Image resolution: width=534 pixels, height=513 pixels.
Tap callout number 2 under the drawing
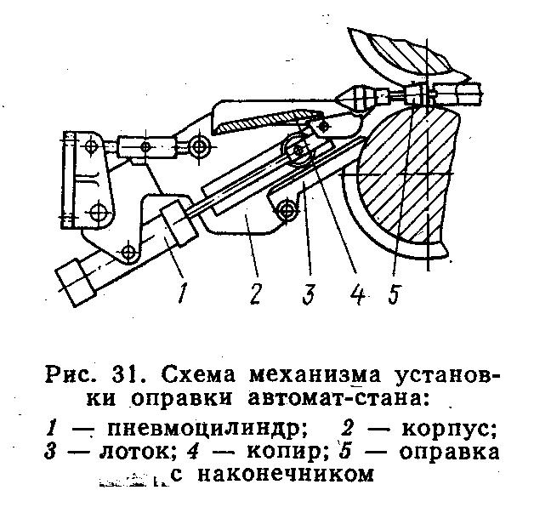click(255, 292)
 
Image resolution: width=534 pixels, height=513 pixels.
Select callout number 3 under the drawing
click(309, 292)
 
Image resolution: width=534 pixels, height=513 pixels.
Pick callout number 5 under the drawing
click(394, 292)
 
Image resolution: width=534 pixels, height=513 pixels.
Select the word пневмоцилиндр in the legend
click(204, 430)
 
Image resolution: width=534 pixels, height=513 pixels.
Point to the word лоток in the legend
click(137, 452)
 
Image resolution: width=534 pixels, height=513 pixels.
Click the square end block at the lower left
click(77, 282)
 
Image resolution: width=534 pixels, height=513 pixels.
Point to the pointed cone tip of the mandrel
click(342, 99)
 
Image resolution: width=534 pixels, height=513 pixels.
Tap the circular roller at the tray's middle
click(298, 151)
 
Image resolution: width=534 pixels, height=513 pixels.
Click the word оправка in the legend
click(449, 453)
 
